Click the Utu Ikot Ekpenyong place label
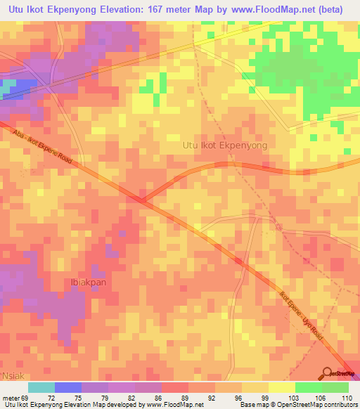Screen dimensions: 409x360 (225, 145)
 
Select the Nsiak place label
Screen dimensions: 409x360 (13, 376)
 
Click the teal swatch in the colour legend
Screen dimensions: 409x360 (41, 387)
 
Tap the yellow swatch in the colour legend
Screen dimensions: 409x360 (282, 387)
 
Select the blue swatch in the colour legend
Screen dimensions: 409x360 (68, 387)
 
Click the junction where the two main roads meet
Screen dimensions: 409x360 (143, 202)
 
